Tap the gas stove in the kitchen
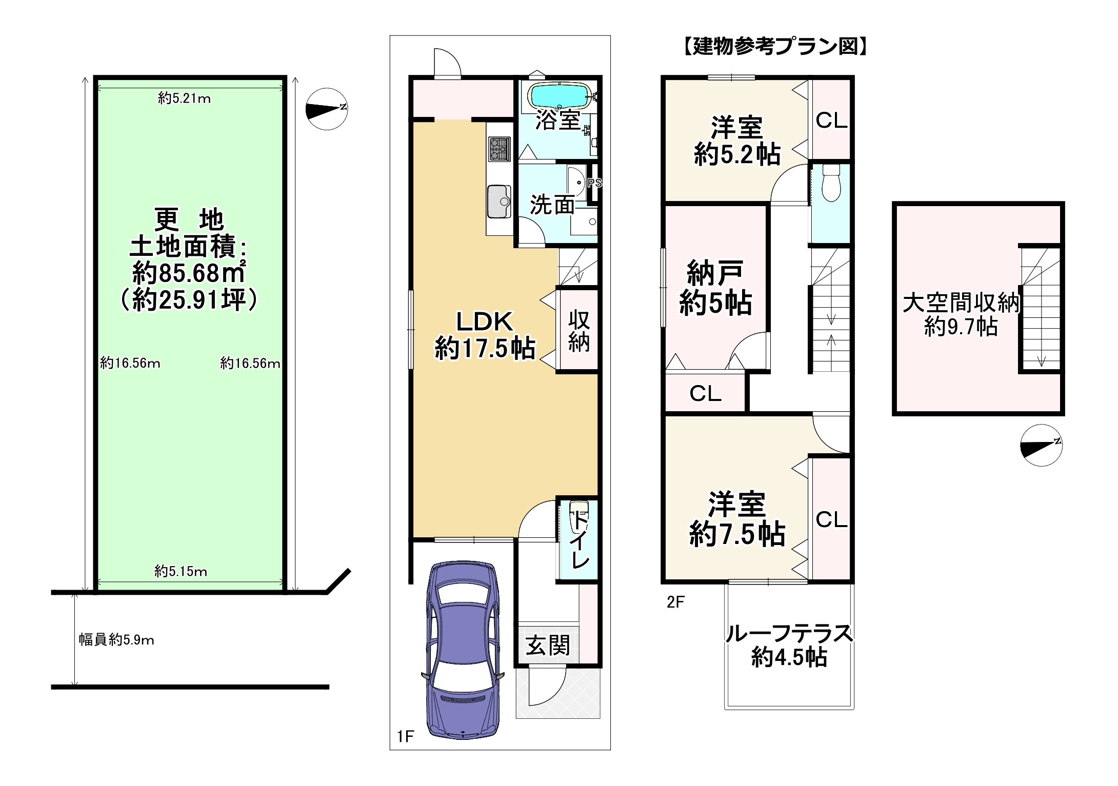tap(500, 149)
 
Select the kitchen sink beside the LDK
tap(499, 201)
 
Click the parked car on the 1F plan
tap(463, 650)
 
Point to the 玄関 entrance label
tap(547, 644)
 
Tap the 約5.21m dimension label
tap(184, 98)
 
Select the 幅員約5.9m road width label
tap(116, 640)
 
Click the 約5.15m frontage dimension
tap(181, 571)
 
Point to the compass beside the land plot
tap(327, 109)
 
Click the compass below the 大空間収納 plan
tap(1041, 445)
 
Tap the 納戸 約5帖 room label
tap(715, 288)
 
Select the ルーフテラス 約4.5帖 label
tap(789, 645)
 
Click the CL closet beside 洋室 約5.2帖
tap(831, 120)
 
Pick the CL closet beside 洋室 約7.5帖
tap(831, 519)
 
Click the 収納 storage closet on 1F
tap(578, 331)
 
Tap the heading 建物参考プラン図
tap(775, 47)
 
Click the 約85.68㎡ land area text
tap(189, 273)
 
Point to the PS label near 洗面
tap(594, 183)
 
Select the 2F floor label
tap(675, 601)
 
